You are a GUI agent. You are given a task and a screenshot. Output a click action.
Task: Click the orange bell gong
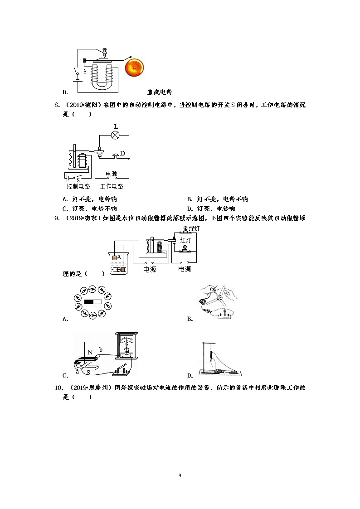point(135,68)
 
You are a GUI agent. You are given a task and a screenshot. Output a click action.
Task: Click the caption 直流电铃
point(160,92)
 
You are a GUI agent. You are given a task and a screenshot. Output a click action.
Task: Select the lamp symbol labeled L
point(116,135)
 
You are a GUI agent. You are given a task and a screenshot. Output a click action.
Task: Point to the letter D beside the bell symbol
point(122,153)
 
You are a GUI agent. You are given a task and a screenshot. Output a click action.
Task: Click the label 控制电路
point(78,186)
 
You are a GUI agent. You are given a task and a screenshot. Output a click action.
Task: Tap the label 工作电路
point(112,186)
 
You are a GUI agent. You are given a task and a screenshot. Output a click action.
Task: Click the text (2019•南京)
point(83,218)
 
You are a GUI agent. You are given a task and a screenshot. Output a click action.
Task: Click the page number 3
point(180,475)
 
